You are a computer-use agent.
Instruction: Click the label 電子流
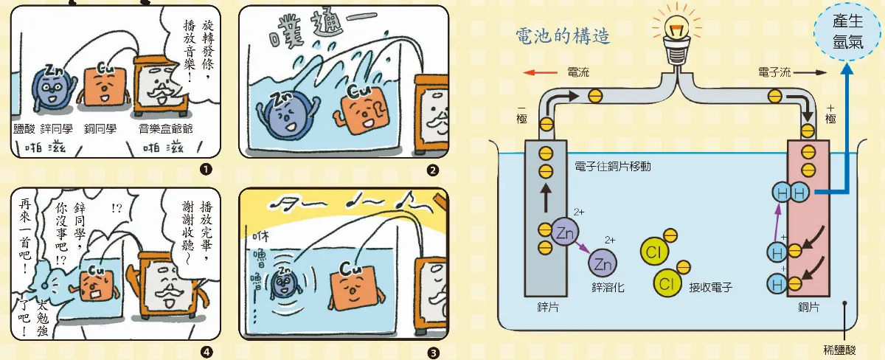(774, 74)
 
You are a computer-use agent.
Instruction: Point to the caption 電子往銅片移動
(617, 167)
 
